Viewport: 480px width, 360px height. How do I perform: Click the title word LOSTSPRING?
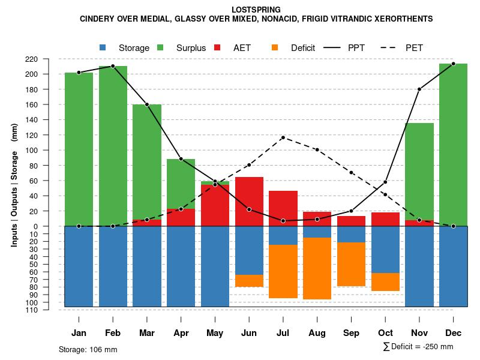pyautogui.click(x=256, y=10)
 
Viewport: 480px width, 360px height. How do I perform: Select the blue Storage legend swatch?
pyautogui.click(x=103, y=47)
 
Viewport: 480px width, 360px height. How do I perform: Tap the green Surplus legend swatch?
pyautogui.click(x=160, y=47)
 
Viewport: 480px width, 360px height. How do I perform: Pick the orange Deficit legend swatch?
pyautogui.click(x=275, y=47)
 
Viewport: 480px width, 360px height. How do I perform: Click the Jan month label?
pyautogui.click(x=79, y=333)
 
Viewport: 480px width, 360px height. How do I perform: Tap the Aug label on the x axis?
pyautogui.click(x=317, y=333)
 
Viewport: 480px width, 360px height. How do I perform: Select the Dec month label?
pyautogui.click(x=453, y=333)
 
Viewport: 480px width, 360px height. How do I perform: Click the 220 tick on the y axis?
pyautogui.click(x=48, y=59)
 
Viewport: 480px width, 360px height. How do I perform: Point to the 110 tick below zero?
pyautogui.click(x=48, y=310)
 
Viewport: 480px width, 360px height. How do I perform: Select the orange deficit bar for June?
pyautogui.click(x=249, y=281)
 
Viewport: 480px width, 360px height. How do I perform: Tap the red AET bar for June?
pyautogui.click(x=249, y=201)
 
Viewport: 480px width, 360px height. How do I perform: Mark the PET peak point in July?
pyautogui.click(x=283, y=137)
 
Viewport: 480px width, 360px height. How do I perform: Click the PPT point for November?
pyautogui.click(x=419, y=89)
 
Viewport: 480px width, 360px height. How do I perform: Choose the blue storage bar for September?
pyautogui.click(x=351, y=234)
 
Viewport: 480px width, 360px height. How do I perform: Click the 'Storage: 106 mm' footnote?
pyautogui.click(x=88, y=349)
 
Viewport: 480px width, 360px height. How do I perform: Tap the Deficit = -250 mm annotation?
pyautogui.click(x=418, y=346)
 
